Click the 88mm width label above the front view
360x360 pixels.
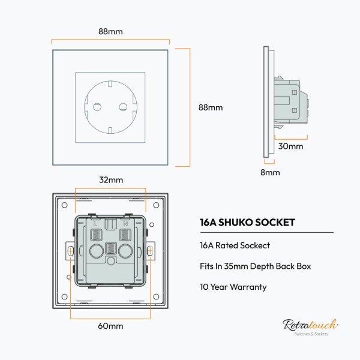point(110,31)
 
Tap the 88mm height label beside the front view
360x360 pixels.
point(211,108)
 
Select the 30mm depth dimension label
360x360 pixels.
point(291,146)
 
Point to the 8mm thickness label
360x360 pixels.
point(270,172)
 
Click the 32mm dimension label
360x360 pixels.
point(111,180)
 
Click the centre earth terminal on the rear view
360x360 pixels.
point(111,249)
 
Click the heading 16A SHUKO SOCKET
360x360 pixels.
point(247,222)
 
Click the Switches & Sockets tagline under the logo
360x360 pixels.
point(310,334)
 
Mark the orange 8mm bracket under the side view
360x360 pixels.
point(269,163)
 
